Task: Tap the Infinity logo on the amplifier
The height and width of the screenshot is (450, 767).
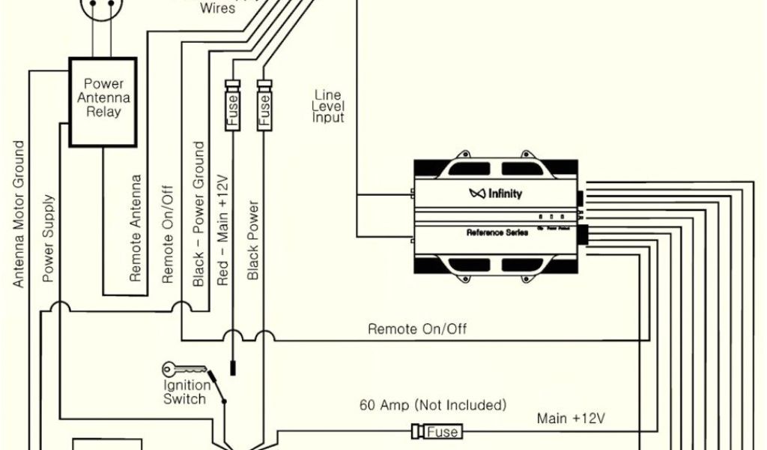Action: click(496, 193)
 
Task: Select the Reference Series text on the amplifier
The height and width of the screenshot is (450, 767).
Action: click(497, 232)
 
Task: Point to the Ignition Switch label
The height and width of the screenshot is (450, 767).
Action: click(184, 391)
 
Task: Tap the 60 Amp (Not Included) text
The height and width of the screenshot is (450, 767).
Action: click(433, 406)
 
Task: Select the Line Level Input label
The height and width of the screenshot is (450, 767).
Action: click(328, 106)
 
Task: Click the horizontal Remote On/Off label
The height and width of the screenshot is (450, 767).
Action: click(417, 329)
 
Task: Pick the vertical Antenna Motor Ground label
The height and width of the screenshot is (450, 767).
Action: click(19, 214)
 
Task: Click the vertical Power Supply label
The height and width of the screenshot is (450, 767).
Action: click(49, 238)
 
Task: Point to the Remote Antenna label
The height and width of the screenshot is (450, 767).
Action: click(136, 228)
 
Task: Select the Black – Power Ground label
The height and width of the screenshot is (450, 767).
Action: click(199, 214)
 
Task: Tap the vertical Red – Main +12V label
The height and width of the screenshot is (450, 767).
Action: click(222, 231)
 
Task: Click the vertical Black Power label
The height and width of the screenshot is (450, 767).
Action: click(253, 240)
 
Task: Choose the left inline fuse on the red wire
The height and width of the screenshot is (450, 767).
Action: click(233, 106)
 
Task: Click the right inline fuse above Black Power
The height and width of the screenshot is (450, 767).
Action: click(264, 106)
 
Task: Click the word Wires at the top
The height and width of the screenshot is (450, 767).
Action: click(218, 9)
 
